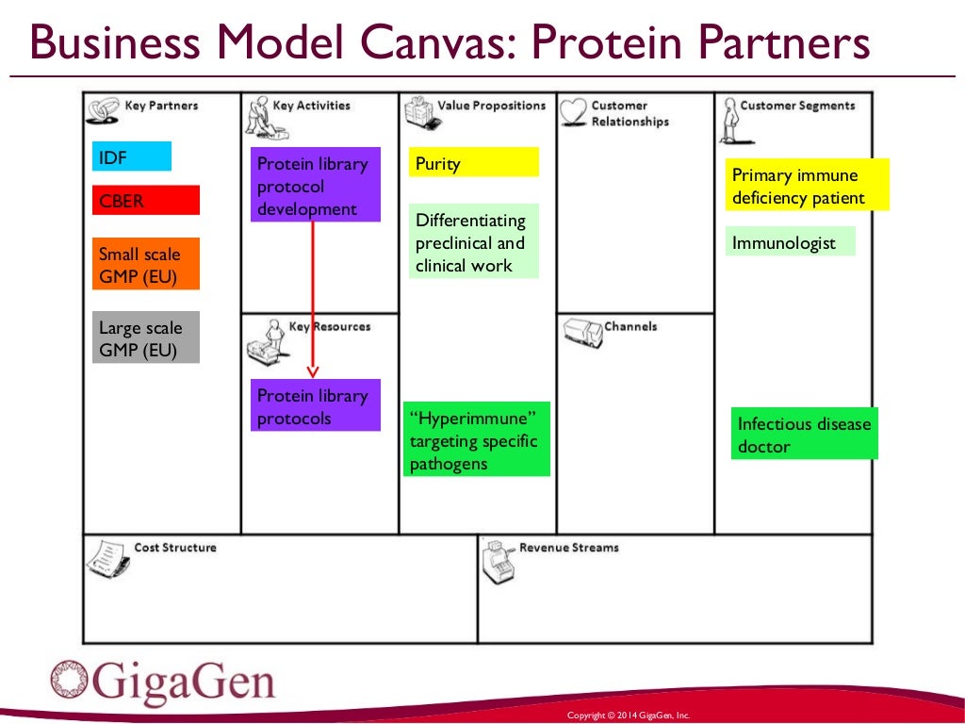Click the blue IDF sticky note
pyautogui.click(x=132, y=156)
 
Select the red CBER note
pyautogui.click(x=146, y=200)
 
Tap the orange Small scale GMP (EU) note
pyautogui.click(x=146, y=265)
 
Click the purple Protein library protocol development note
pyautogui.click(x=316, y=185)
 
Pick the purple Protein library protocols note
pyautogui.click(x=316, y=405)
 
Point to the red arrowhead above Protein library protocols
pyautogui.click(x=313, y=370)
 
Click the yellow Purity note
pyautogui.click(x=473, y=162)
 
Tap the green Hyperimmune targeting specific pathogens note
pyautogui.click(x=477, y=438)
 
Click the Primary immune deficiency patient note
pyautogui.click(x=807, y=185)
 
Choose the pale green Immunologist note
pyautogui.click(x=791, y=242)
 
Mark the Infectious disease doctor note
pyautogui.click(x=804, y=434)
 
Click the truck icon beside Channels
pyautogui.click(x=582, y=333)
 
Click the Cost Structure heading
pyautogui.click(x=175, y=548)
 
